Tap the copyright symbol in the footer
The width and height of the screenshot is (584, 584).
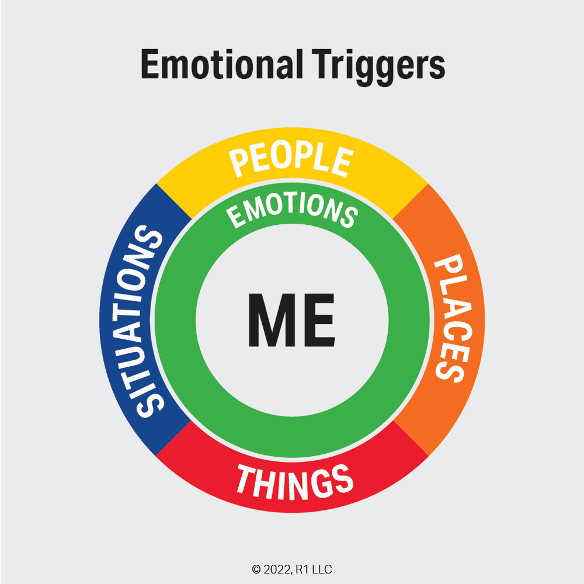tap(255, 569)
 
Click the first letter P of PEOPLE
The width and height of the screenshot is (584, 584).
tap(240, 164)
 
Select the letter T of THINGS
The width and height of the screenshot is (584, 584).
tap(246, 479)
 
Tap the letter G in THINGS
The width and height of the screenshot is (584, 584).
tap(318, 484)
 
